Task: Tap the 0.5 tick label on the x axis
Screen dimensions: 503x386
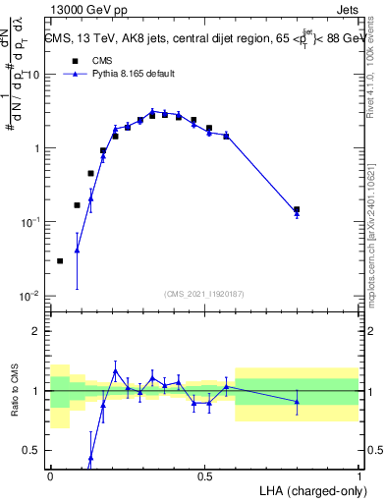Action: pos(204,475)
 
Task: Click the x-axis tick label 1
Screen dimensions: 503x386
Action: pos(358,475)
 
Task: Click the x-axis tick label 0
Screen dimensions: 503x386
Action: pos(50,475)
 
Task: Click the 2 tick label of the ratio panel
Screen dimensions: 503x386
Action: pos(37,331)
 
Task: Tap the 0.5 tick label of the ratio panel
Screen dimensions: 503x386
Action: pos(33,450)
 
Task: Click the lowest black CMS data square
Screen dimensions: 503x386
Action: pos(61,261)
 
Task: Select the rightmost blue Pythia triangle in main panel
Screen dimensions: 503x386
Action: pos(297,213)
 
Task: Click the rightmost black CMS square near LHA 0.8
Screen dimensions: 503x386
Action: pos(297,209)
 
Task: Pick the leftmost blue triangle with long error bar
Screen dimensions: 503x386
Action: pos(77,250)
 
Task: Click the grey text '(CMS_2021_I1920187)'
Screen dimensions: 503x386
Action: pos(203,293)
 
